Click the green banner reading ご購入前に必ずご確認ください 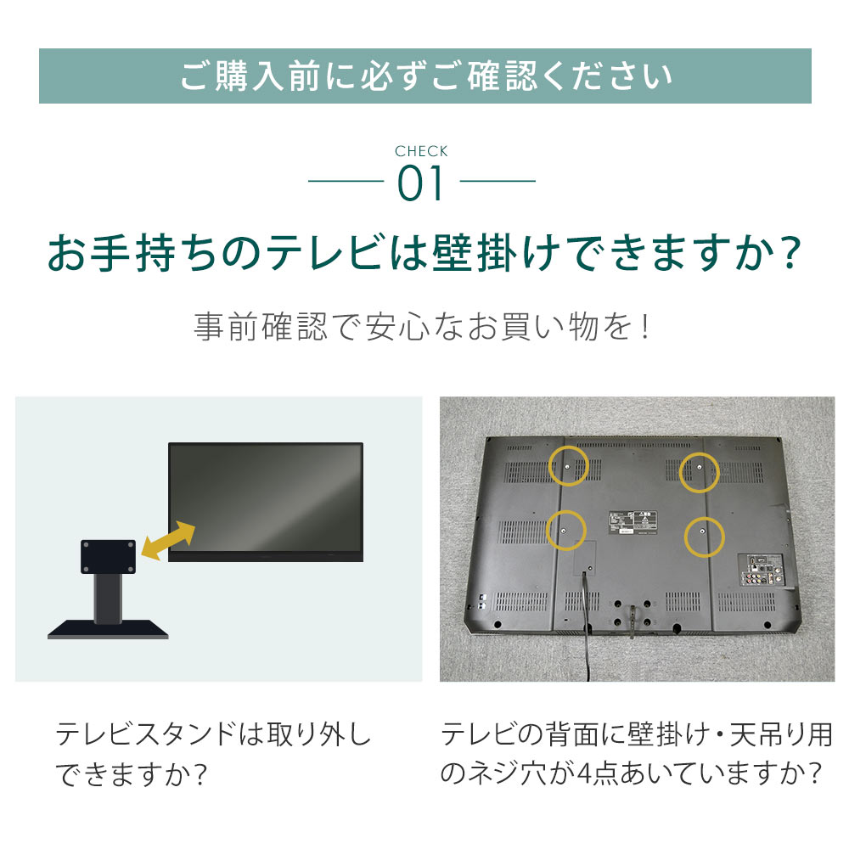pyautogui.click(x=424, y=76)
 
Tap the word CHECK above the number pyautogui.click(x=421, y=151)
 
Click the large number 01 pyautogui.click(x=421, y=184)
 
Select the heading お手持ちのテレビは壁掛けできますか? pyautogui.click(x=424, y=253)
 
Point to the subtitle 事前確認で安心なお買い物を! pyautogui.click(x=422, y=327)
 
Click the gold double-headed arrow pyautogui.click(x=168, y=541)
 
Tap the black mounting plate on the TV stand pyautogui.click(x=109, y=557)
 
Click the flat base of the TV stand pyautogui.click(x=108, y=630)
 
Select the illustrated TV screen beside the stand pyautogui.click(x=265, y=502)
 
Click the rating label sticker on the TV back pyautogui.click(x=633, y=523)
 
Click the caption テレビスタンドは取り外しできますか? pyautogui.click(x=213, y=754)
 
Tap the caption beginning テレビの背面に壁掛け pyautogui.click(x=636, y=754)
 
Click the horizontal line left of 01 pyautogui.click(x=346, y=181)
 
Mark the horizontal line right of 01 pyautogui.click(x=498, y=181)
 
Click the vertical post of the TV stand pyautogui.click(x=108, y=598)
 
